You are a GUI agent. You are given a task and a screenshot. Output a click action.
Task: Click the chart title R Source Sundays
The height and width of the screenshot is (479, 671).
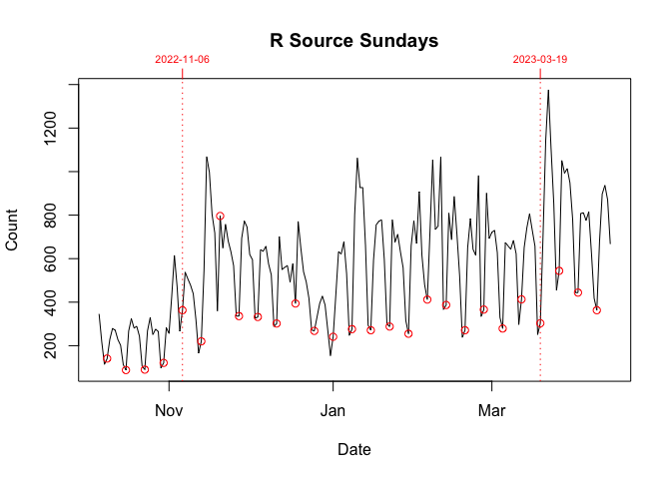click(x=354, y=41)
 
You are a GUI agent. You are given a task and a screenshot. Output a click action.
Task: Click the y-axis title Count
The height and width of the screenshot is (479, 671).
click(x=13, y=230)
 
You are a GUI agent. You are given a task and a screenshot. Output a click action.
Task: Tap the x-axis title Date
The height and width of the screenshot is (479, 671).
click(x=354, y=450)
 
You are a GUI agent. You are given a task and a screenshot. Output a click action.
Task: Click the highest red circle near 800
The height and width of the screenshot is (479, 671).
click(x=220, y=216)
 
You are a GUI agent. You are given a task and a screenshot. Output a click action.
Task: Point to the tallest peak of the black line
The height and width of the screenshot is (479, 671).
click(x=548, y=91)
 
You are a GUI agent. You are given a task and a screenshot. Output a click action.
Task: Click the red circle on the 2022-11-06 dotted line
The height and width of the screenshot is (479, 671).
click(x=183, y=310)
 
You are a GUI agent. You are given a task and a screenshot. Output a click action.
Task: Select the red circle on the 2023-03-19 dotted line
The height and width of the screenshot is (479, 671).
click(x=540, y=323)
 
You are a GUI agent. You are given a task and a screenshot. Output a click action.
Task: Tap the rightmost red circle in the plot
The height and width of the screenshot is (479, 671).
click(x=597, y=310)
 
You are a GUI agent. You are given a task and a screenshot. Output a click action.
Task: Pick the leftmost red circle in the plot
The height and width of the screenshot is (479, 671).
click(x=107, y=359)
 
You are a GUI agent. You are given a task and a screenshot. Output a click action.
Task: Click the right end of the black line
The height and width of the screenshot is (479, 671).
click(x=610, y=243)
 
